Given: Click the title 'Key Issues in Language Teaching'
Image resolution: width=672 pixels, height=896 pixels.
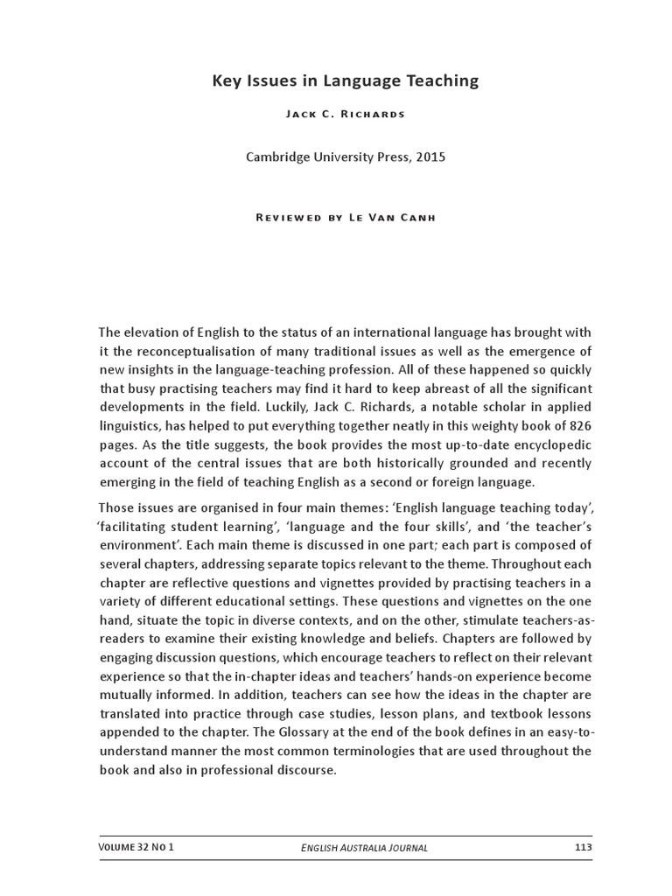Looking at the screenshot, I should [346, 81].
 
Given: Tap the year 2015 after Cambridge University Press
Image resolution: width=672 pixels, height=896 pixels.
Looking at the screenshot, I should [430, 157].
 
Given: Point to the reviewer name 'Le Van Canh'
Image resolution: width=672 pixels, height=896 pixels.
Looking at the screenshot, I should [397, 217].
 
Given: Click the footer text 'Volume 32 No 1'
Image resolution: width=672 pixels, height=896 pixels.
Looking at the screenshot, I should [136, 847].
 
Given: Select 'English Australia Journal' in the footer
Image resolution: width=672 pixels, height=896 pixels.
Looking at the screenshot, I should [364, 848].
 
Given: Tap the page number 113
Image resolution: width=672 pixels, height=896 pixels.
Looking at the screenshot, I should [584, 847].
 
